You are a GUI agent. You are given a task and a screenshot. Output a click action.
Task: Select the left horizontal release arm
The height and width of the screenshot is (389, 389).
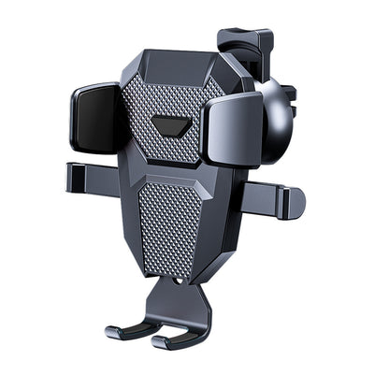click(x=94, y=173)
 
